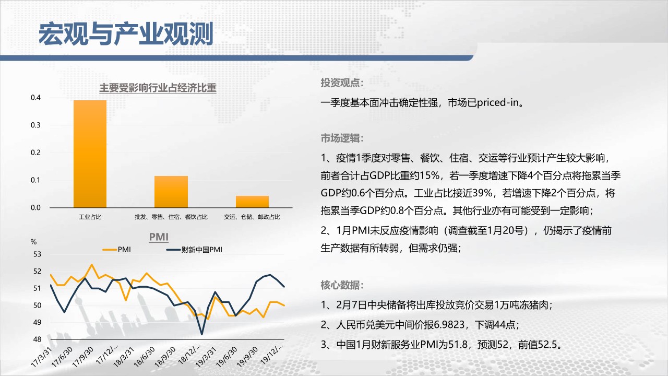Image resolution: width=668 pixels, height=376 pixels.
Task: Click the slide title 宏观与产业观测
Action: (x=126, y=34)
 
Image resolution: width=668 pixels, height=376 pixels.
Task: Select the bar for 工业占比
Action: (x=90, y=154)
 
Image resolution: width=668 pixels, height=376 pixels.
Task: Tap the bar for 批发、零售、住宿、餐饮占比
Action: (x=171, y=192)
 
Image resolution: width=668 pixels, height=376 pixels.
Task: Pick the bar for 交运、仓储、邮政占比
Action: (x=252, y=202)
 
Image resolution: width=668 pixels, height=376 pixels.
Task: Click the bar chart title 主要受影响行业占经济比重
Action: (x=158, y=88)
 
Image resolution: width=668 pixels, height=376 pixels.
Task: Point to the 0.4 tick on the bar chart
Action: (x=35, y=98)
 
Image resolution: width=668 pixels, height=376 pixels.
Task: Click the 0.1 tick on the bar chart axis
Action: (x=35, y=180)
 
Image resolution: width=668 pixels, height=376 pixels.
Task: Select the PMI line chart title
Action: (x=159, y=237)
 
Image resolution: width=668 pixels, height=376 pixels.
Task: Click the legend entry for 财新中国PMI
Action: (x=194, y=250)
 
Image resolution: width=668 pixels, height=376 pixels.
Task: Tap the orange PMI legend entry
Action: (x=116, y=250)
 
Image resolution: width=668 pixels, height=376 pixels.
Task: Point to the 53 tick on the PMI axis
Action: (x=37, y=254)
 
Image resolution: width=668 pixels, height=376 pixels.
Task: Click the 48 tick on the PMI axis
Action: (x=37, y=339)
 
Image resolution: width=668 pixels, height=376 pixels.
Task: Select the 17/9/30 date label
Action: (x=83, y=357)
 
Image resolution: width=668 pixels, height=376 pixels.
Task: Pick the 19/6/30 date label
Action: (x=227, y=357)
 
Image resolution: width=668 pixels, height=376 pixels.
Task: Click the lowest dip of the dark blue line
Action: (x=202, y=334)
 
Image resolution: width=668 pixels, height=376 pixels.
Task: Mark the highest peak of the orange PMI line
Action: (x=91, y=265)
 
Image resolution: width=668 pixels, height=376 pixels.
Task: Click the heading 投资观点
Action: (x=342, y=83)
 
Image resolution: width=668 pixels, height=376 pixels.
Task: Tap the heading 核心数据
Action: (x=342, y=285)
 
